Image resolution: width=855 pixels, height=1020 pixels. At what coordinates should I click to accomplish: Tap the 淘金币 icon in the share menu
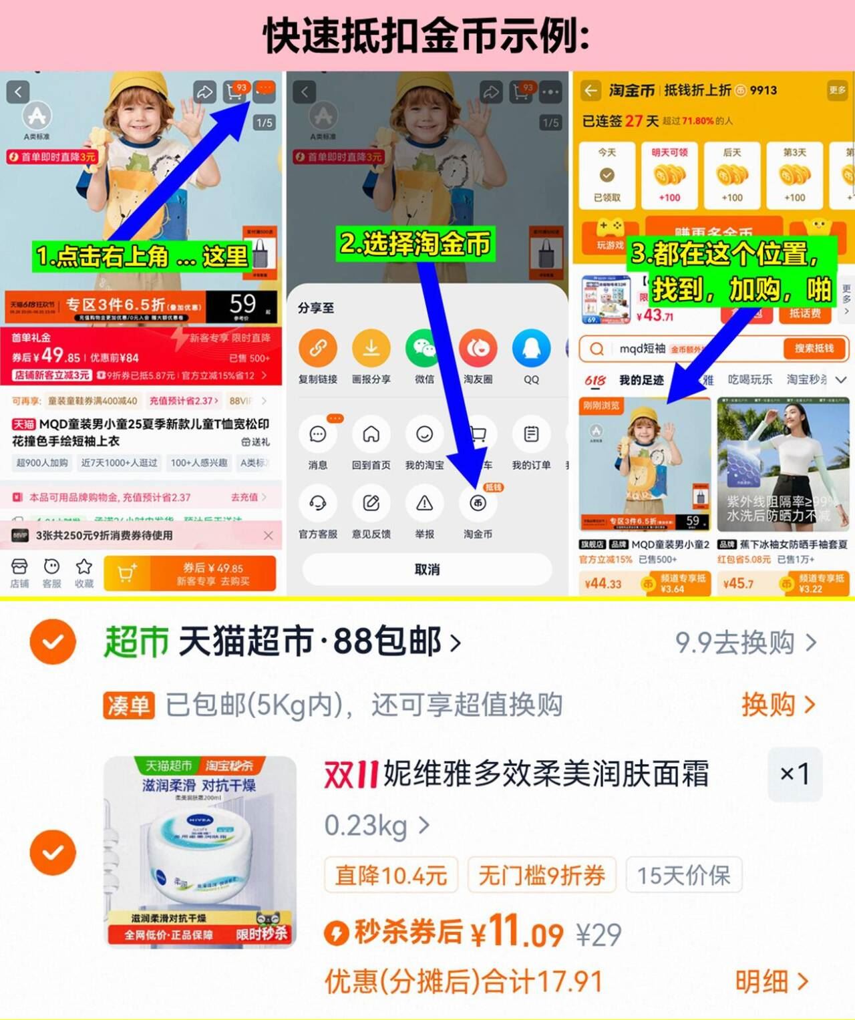click(478, 504)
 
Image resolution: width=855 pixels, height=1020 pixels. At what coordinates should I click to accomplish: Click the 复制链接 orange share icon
click(318, 349)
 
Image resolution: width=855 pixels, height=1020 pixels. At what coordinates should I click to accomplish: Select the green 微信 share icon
click(424, 349)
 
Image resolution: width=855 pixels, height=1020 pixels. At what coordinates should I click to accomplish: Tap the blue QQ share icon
click(531, 349)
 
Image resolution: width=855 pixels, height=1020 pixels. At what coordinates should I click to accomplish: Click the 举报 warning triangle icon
click(424, 504)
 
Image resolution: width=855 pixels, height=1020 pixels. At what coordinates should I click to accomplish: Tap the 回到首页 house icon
click(371, 435)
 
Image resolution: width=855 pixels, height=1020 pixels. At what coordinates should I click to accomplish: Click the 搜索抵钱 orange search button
click(814, 348)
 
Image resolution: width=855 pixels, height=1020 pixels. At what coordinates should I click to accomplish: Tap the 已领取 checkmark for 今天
click(607, 176)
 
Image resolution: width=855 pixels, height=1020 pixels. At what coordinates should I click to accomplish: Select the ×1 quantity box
click(795, 774)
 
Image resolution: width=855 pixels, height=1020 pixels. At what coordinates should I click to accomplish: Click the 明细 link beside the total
click(772, 981)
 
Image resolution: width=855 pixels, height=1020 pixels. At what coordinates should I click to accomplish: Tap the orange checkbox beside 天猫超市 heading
click(53, 642)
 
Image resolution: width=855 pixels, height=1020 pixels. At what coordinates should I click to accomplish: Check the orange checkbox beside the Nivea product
click(53, 852)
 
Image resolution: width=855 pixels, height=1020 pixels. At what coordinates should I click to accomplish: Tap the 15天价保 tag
click(683, 875)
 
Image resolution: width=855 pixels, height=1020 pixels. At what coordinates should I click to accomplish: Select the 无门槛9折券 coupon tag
click(542, 875)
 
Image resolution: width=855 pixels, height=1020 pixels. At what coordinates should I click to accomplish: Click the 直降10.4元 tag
click(391, 875)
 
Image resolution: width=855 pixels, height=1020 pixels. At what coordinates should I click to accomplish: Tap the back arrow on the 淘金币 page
click(590, 90)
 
